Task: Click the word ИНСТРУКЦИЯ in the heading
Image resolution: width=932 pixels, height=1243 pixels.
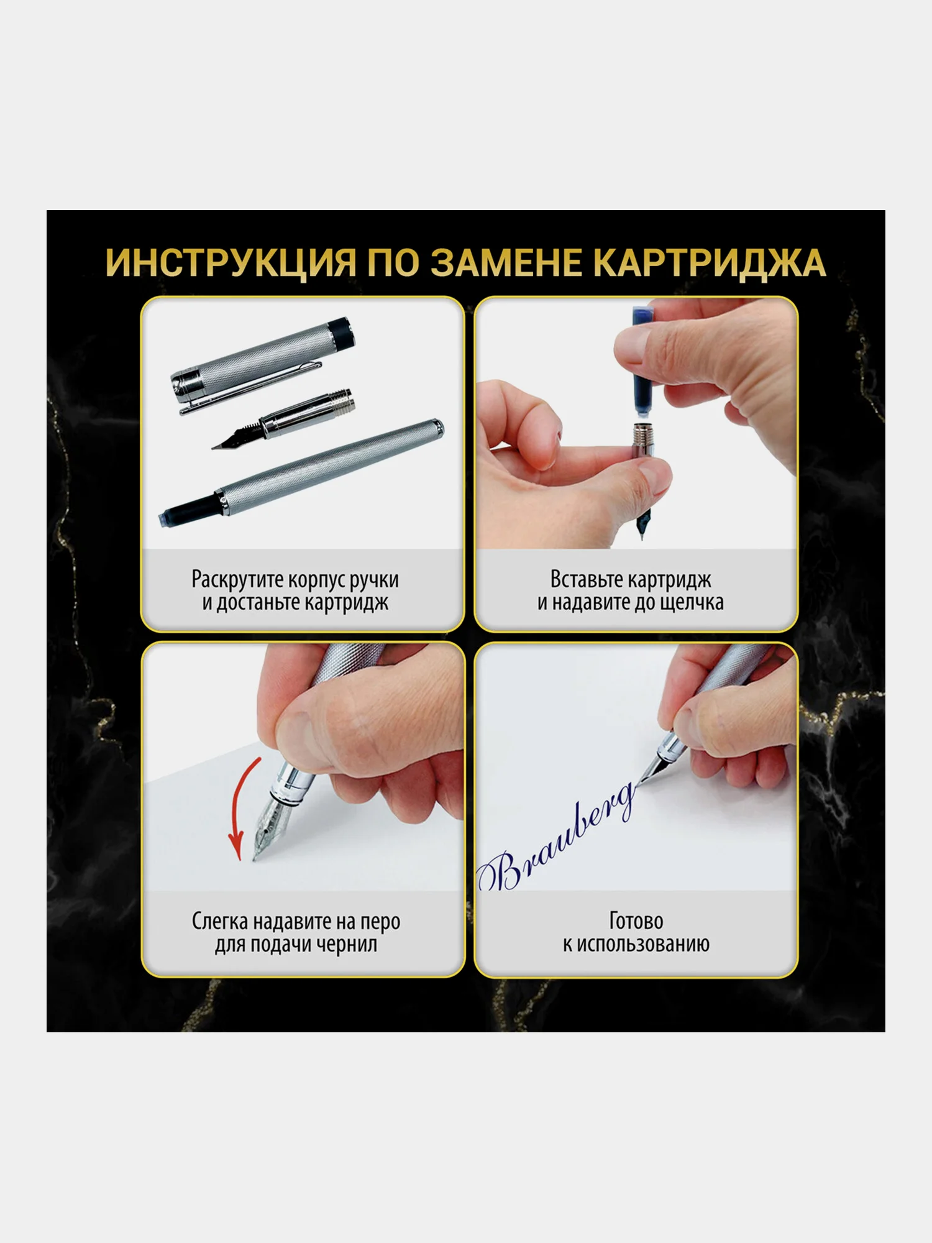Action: tap(231, 263)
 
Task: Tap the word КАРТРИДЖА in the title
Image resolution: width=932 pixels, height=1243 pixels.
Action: tap(710, 263)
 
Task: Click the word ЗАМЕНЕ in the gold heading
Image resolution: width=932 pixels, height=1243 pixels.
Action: tap(507, 263)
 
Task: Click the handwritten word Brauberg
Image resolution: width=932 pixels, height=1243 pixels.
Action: tap(556, 836)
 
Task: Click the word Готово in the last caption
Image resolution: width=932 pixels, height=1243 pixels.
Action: tap(636, 921)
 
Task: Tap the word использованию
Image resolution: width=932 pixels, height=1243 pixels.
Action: tap(643, 944)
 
